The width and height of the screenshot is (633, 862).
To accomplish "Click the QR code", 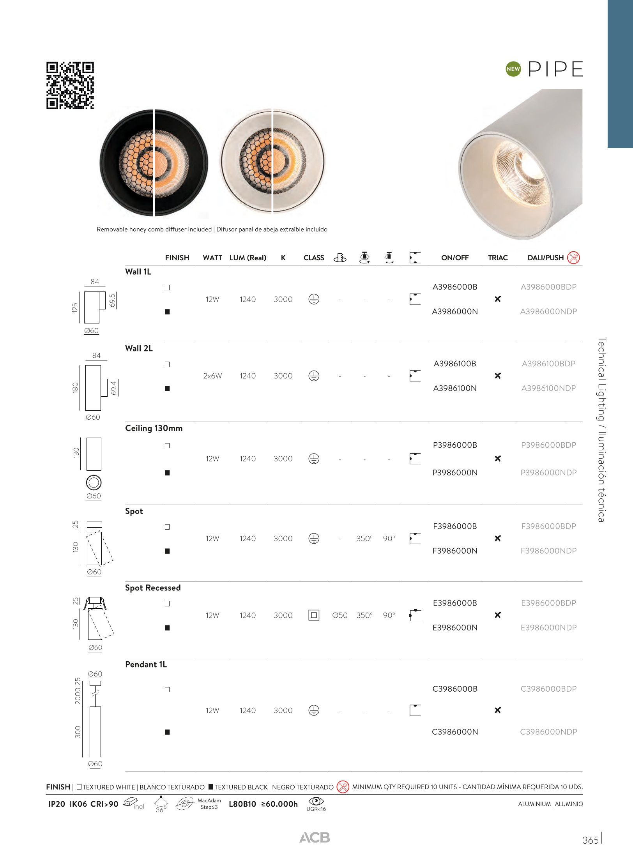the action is coord(70,85).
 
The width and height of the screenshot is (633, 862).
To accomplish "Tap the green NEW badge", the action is coord(513,69).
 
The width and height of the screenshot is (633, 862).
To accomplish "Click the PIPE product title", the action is coord(555,69).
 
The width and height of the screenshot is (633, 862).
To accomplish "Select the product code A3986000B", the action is coord(455,287).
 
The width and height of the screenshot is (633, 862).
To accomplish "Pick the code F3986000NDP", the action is coord(548,551).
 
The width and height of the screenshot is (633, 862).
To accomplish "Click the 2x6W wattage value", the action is coord(212,376).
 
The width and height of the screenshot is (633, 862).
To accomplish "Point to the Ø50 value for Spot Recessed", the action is coord(340,615).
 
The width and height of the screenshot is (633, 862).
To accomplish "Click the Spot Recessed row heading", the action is coord(153,588).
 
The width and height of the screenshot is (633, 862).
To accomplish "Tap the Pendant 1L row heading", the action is coord(146,664).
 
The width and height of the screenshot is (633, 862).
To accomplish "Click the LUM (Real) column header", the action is coord(248,258).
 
